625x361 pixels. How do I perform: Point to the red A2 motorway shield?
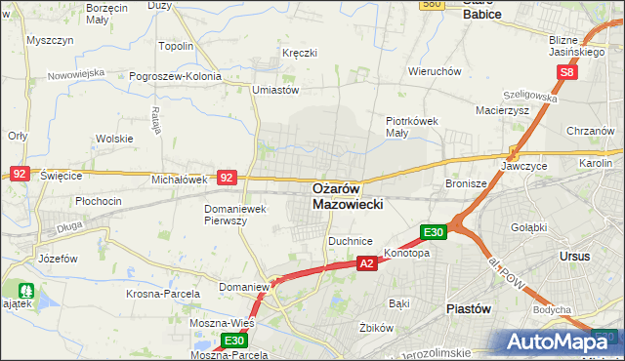tap(366, 263)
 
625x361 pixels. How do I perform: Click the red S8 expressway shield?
tap(569, 72)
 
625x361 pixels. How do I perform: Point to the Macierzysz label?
tap(502, 111)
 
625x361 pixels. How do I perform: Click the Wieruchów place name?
tap(435, 71)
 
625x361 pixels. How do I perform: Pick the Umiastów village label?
tap(274, 90)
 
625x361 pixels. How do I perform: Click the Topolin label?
tap(176, 46)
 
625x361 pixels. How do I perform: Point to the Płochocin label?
tap(99, 201)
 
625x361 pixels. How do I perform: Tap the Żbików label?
tap(375, 328)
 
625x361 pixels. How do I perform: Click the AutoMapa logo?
tap(562, 341)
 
